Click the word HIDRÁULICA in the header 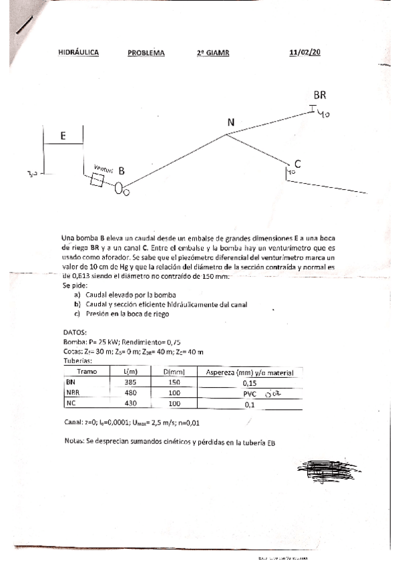[x=78, y=53]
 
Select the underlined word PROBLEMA [x=146, y=53]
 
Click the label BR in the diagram [x=320, y=96]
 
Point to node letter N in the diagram [x=231, y=122]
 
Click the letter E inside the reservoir [x=63, y=136]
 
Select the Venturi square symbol [x=97, y=180]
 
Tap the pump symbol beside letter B [x=121, y=189]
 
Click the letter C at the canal [x=297, y=164]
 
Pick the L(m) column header [x=131, y=372]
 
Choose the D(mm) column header [x=174, y=372]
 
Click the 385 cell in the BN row [x=131, y=382]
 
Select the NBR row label [x=73, y=393]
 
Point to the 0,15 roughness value [x=250, y=383]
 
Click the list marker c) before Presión [x=77, y=314]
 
